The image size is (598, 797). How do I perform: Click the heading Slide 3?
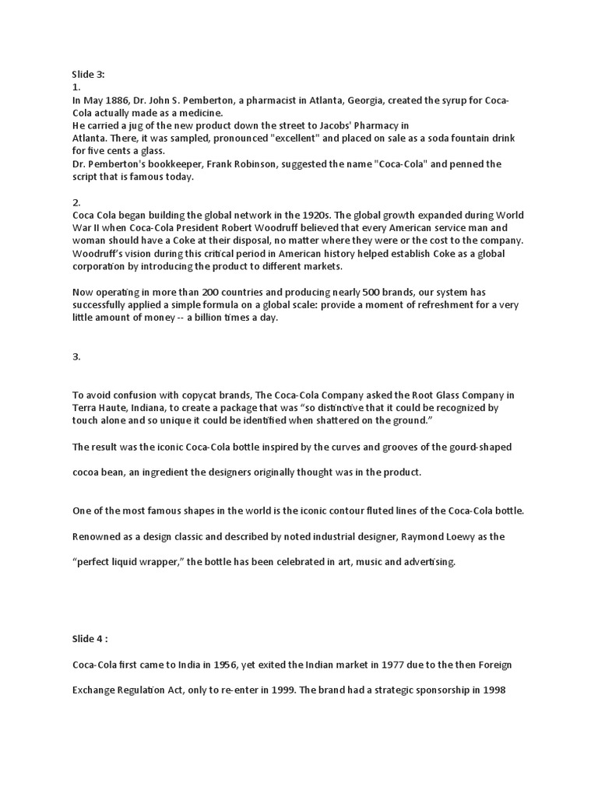coord(88,75)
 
